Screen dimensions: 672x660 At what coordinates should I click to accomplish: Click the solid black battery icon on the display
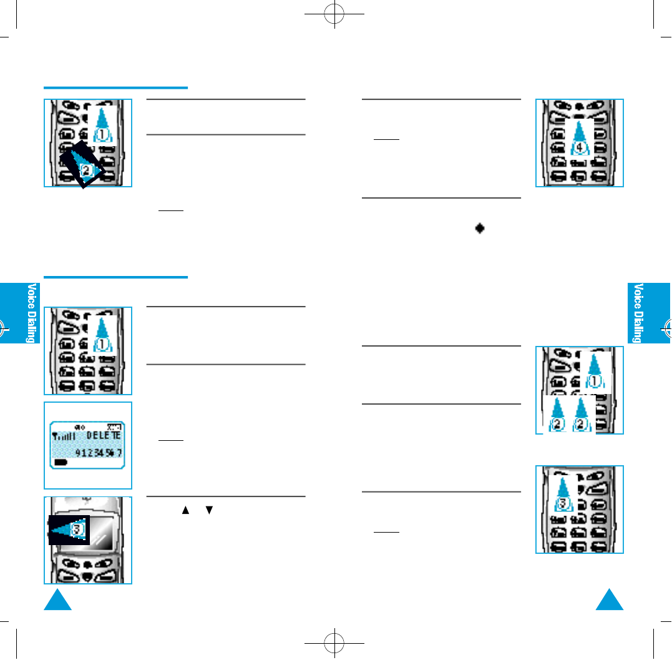coord(61,463)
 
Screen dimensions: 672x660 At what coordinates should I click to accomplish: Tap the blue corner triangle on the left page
coord(57,600)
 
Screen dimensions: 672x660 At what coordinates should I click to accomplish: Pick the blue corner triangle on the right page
coord(610,600)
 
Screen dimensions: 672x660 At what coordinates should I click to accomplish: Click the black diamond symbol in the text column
coord(480,229)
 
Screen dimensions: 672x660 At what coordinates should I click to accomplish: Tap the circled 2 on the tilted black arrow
coord(86,169)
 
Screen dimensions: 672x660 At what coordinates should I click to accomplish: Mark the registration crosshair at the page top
coord(336,16)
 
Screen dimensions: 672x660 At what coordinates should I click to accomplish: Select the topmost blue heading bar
coord(115,88)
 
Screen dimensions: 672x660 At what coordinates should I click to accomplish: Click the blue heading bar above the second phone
coord(115,277)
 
